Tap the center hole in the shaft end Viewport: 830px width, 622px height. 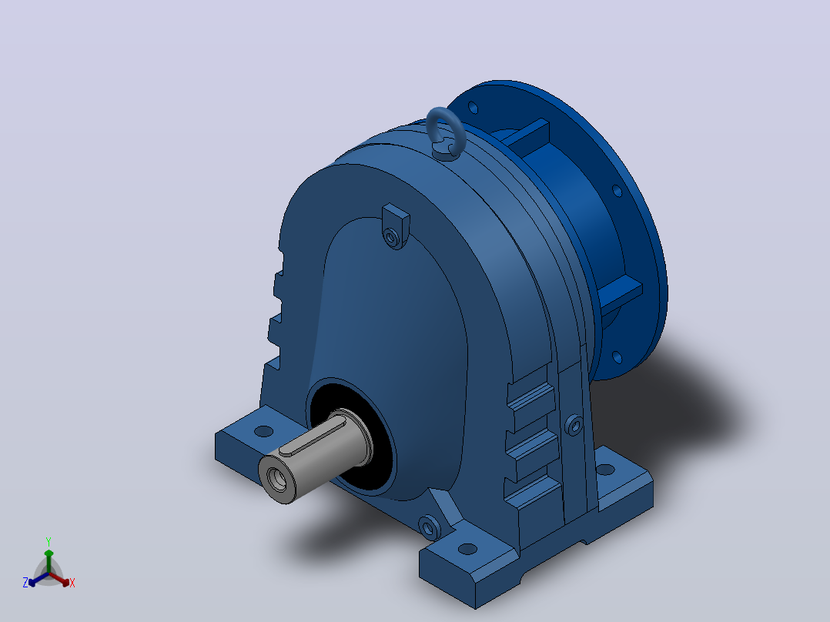(276, 480)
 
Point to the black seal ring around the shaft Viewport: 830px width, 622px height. (350, 440)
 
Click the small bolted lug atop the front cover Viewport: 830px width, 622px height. (396, 226)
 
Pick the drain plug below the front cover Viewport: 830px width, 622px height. (429, 527)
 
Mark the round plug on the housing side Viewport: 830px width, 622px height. (574, 425)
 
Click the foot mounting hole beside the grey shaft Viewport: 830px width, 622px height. (263, 431)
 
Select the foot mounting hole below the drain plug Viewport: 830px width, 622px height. (467, 549)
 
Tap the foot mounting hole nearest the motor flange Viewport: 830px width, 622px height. (605, 470)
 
